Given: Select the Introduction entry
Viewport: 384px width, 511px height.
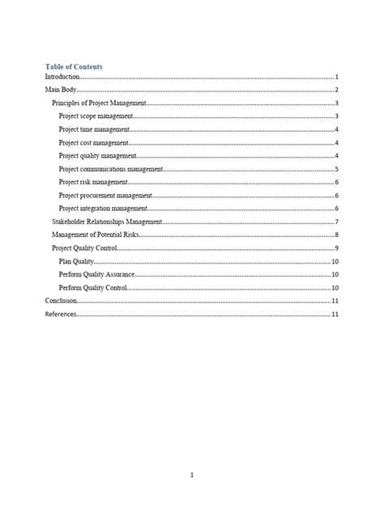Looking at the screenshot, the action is (x=62, y=77).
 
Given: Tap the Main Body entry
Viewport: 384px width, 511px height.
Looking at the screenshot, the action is (x=60, y=90).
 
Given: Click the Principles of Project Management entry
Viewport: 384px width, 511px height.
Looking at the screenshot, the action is (x=97, y=103).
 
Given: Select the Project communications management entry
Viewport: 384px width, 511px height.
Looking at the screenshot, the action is (x=111, y=169).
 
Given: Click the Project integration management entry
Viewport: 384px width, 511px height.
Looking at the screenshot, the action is (x=103, y=209).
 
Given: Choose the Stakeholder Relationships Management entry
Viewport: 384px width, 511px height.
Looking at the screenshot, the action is (x=107, y=222).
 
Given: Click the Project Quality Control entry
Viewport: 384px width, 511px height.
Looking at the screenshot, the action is (x=85, y=248).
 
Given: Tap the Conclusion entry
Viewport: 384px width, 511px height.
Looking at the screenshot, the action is (x=61, y=301).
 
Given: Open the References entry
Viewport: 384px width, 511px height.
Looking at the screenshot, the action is (x=61, y=315).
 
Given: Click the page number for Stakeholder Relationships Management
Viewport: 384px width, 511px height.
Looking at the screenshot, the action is (x=336, y=222).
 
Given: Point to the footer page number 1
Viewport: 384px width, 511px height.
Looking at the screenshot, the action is (x=191, y=475).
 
